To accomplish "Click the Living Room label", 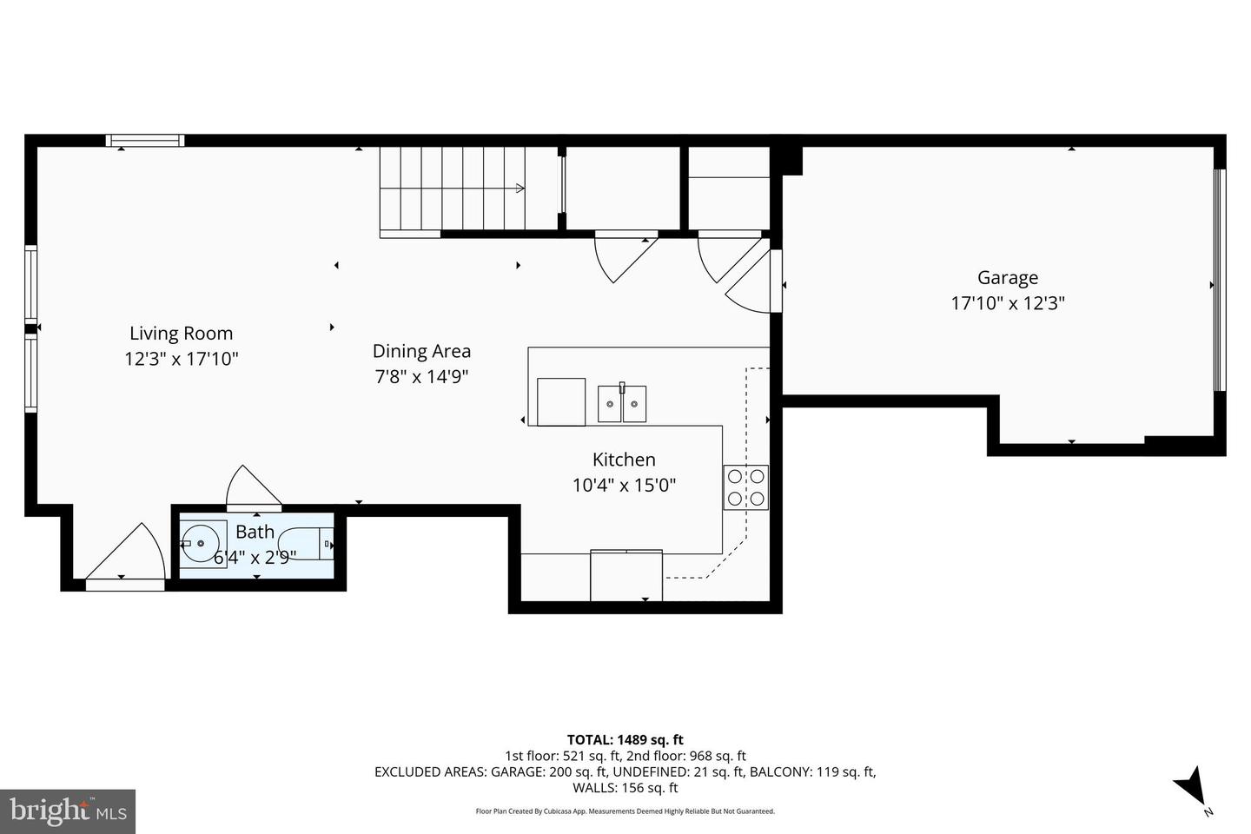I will pos(181,333).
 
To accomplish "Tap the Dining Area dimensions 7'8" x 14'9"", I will pos(421,377).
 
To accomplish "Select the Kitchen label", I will pos(624,460).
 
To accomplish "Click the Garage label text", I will pos(1007,278).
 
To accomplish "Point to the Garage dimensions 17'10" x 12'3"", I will pos(1008,303).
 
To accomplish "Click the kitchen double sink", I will pos(622,404).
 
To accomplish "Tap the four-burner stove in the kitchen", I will pos(745,487).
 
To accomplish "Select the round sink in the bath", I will pos(202,544).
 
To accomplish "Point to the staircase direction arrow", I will pos(519,188).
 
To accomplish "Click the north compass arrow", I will pos(1191,786).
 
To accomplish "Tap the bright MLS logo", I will pos(67,811).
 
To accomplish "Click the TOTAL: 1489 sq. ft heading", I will pos(625,740).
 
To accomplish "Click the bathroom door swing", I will pos(251,489).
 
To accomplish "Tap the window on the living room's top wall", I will pos(145,141).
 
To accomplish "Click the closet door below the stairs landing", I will pos(623,255).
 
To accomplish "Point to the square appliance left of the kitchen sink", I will pos(561,402).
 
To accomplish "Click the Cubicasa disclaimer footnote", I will pos(625,811).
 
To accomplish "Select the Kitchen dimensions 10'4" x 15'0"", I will pos(624,485).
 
